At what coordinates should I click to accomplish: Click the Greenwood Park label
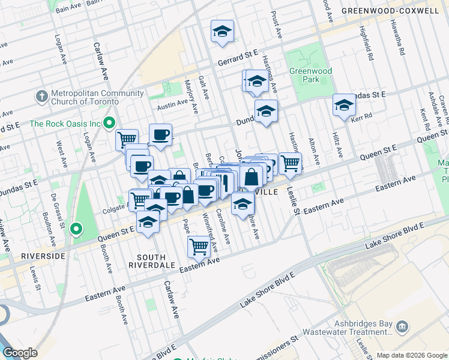coord(311,75)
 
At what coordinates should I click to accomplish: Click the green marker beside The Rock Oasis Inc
coord(109,124)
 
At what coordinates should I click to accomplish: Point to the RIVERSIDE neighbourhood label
coord(42,256)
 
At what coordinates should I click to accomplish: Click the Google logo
coord(20,353)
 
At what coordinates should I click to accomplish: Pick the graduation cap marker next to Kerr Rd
coord(344,104)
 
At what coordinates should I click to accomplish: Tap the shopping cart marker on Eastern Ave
coord(199,245)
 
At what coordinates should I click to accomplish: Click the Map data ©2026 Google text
coord(411,355)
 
